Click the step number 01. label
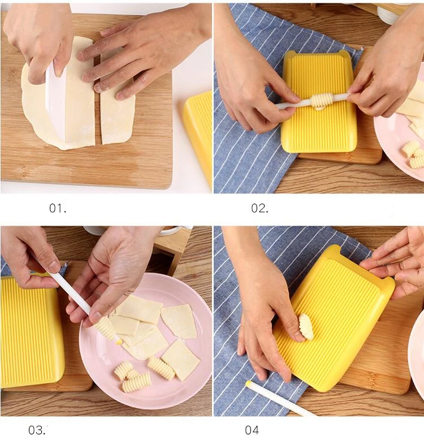pos(58,208)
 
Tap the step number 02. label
pos(259,208)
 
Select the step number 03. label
pos(37,430)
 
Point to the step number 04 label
pos(252,430)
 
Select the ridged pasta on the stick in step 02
pos(321,102)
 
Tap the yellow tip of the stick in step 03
pos(120,342)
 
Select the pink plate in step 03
pos(145,337)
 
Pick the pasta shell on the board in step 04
pos(306,327)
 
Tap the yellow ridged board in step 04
pos(334,317)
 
